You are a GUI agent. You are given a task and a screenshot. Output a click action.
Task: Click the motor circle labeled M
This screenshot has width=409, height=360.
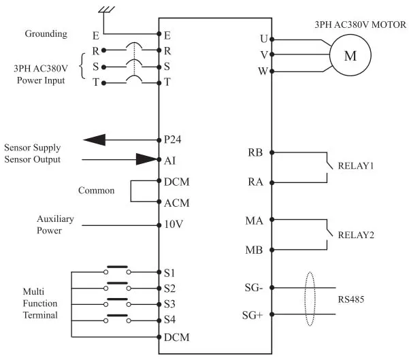tap(350, 56)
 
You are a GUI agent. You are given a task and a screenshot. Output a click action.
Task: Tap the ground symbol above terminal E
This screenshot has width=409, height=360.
tap(105, 10)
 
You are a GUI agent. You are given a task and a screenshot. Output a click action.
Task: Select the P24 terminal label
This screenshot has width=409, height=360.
tap(173, 140)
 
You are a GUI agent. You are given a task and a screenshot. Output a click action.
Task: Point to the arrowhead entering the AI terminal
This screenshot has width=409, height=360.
tap(146, 160)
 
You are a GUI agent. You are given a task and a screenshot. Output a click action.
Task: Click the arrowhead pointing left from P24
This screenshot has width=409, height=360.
tap(95, 140)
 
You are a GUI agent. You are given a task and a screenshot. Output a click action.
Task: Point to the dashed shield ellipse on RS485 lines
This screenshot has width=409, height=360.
tap(311, 299)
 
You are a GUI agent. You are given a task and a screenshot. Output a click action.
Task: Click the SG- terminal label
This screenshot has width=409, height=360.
tap(256, 288)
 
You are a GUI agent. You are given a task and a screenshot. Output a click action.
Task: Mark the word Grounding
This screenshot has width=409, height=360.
tap(46, 33)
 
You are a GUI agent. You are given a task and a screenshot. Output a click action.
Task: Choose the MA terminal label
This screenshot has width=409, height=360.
tap(255, 220)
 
